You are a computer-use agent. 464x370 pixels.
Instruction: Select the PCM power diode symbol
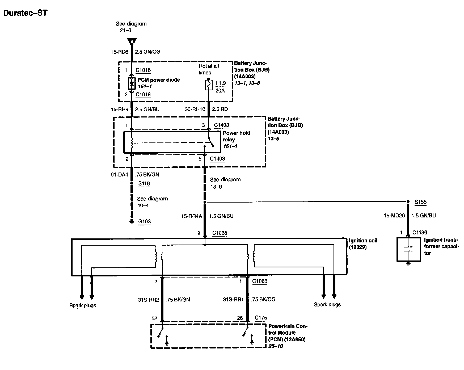(x=132, y=84)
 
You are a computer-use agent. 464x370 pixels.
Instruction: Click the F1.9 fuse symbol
(x=209, y=85)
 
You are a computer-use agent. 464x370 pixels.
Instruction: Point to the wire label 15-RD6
(x=119, y=52)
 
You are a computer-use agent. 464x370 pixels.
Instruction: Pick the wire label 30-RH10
(x=195, y=109)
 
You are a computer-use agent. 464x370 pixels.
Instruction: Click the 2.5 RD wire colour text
(x=220, y=109)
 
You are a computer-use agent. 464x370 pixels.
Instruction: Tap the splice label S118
(x=144, y=183)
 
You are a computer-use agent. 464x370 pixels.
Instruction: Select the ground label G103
(x=144, y=221)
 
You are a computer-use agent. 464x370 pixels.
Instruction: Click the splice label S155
(x=420, y=202)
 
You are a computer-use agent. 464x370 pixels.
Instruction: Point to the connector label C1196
(x=420, y=233)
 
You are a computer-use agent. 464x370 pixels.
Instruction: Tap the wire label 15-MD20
(x=394, y=216)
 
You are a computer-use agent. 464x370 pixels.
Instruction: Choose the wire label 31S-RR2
(x=148, y=300)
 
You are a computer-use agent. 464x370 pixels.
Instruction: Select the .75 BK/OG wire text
(x=263, y=299)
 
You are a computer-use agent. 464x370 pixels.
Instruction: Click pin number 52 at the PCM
(x=154, y=318)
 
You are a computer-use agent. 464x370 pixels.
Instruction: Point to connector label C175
(x=261, y=318)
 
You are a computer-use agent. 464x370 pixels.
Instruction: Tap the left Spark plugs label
(x=83, y=305)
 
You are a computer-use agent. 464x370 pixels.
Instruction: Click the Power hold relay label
(x=237, y=136)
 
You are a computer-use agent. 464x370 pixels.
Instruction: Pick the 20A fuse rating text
(x=220, y=91)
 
